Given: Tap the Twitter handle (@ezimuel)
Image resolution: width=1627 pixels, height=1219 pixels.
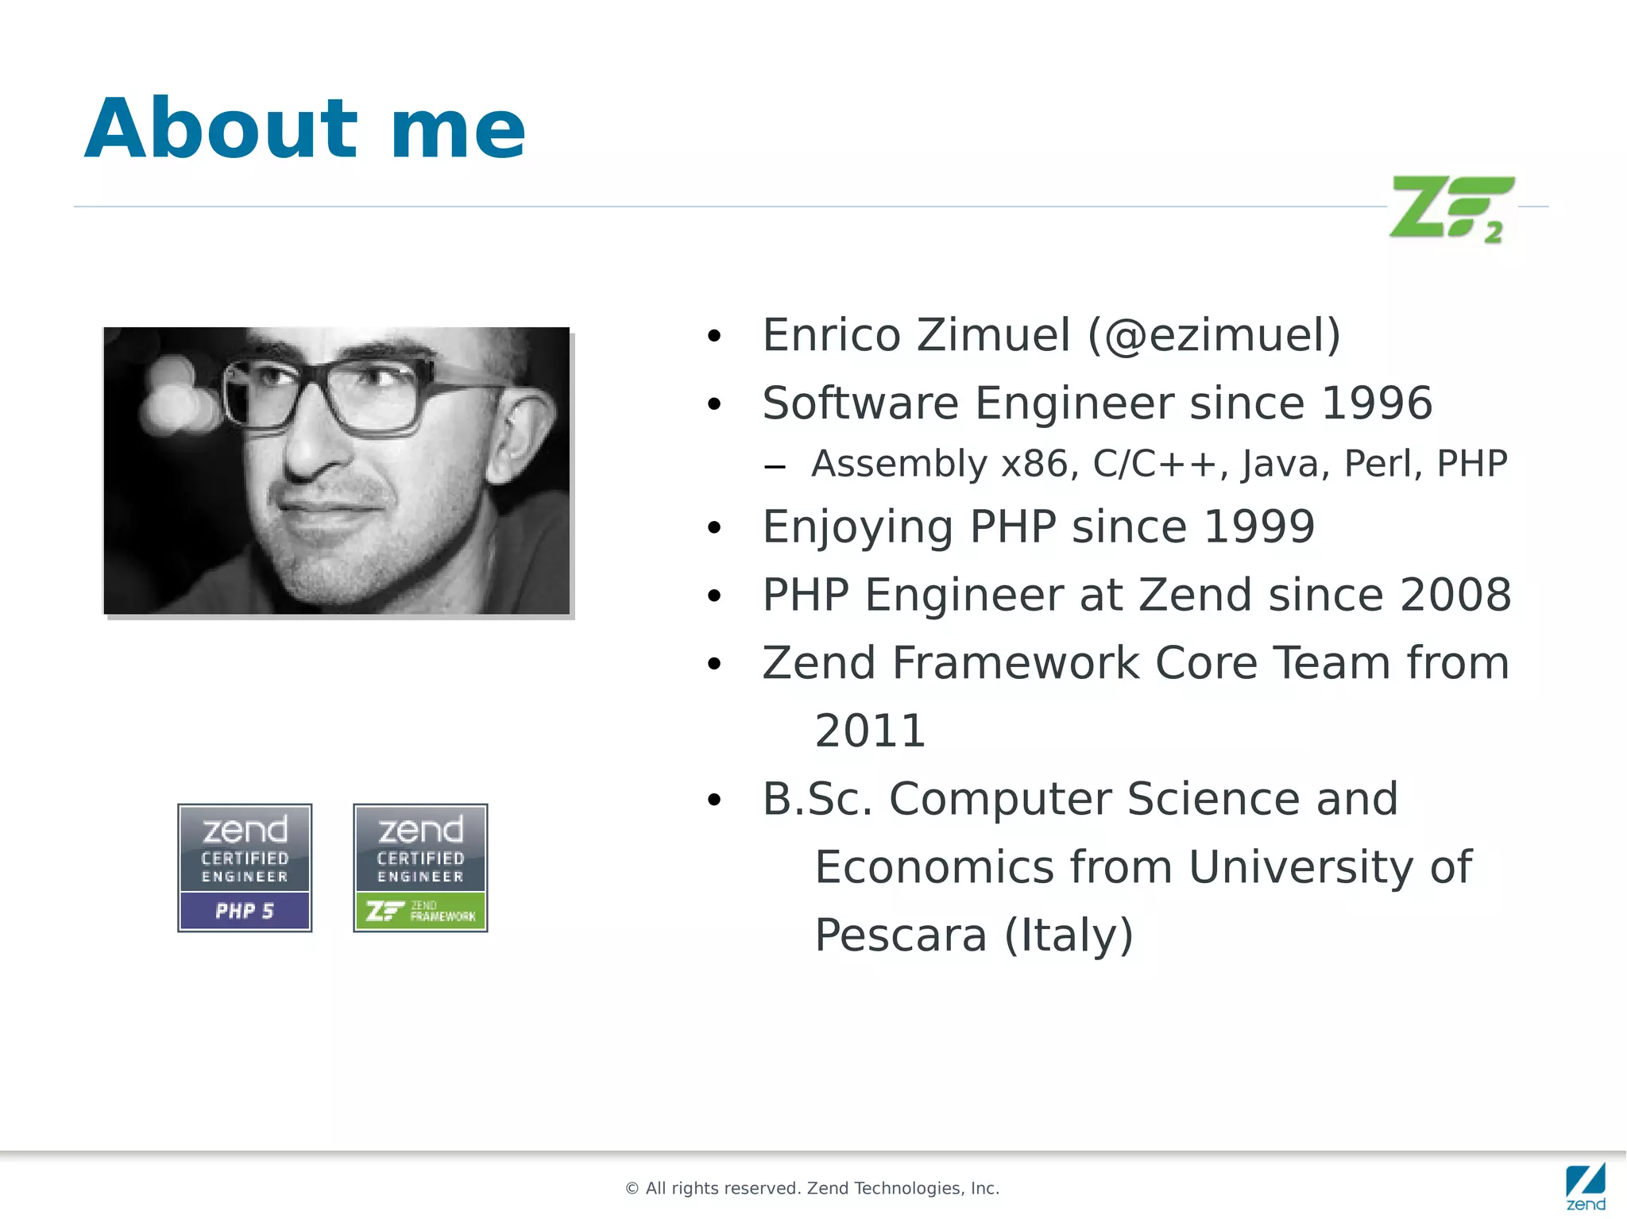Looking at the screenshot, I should coord(1214,335).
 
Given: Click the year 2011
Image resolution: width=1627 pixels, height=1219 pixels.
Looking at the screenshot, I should coord(870,731).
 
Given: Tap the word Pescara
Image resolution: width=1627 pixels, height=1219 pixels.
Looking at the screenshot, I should coord(900,935).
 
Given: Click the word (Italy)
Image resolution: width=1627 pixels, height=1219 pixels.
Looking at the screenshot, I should coord(1069,935).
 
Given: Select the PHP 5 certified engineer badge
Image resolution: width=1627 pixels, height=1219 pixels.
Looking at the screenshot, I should coord(245,867).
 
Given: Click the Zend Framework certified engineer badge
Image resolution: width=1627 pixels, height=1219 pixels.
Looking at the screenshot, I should coord(420,867).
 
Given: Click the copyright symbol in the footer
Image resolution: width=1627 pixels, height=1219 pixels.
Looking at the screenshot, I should coord(632,1189).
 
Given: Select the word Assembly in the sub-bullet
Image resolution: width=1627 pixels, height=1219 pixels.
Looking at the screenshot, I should coord(899,464).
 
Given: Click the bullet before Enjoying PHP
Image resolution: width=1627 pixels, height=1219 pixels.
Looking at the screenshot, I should coord(714,528).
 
